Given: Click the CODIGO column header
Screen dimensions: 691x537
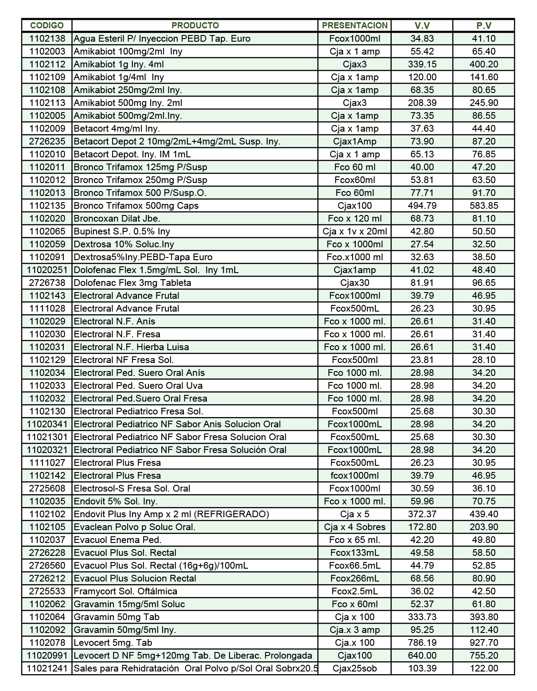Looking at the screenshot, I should [47, 25].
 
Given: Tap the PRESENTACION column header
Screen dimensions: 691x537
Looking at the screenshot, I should [354, 25].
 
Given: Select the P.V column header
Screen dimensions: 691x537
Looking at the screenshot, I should [484, 25].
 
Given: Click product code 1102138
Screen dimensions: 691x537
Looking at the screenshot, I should [47, 39].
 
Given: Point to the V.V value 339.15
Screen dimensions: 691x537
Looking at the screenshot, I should [422, 64].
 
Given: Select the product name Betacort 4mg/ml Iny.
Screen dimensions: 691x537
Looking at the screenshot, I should [117, 129].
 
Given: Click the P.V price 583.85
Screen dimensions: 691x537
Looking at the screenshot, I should [484, 206].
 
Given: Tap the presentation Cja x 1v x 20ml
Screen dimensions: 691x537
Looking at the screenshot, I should [354, 231].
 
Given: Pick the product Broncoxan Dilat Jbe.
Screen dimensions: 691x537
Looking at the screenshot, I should [117, 219].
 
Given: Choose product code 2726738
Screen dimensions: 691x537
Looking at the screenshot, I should [47, 283].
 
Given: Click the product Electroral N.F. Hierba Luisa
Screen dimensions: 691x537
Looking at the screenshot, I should [131, 347].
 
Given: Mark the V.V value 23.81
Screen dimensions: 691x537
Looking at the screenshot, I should [422, 360].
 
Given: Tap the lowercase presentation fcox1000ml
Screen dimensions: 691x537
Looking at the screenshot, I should [354, 476].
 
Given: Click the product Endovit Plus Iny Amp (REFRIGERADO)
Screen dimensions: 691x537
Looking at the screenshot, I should [171, 514].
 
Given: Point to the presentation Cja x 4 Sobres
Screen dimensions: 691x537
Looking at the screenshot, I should [354, 527].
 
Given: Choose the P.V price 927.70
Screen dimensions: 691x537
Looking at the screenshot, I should [484, 643].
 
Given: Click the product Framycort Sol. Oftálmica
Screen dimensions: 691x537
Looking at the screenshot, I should [125, 591].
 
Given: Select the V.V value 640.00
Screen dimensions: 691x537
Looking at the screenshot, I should [422, 656].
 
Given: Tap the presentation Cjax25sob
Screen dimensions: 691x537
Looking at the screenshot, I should [354, 668].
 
